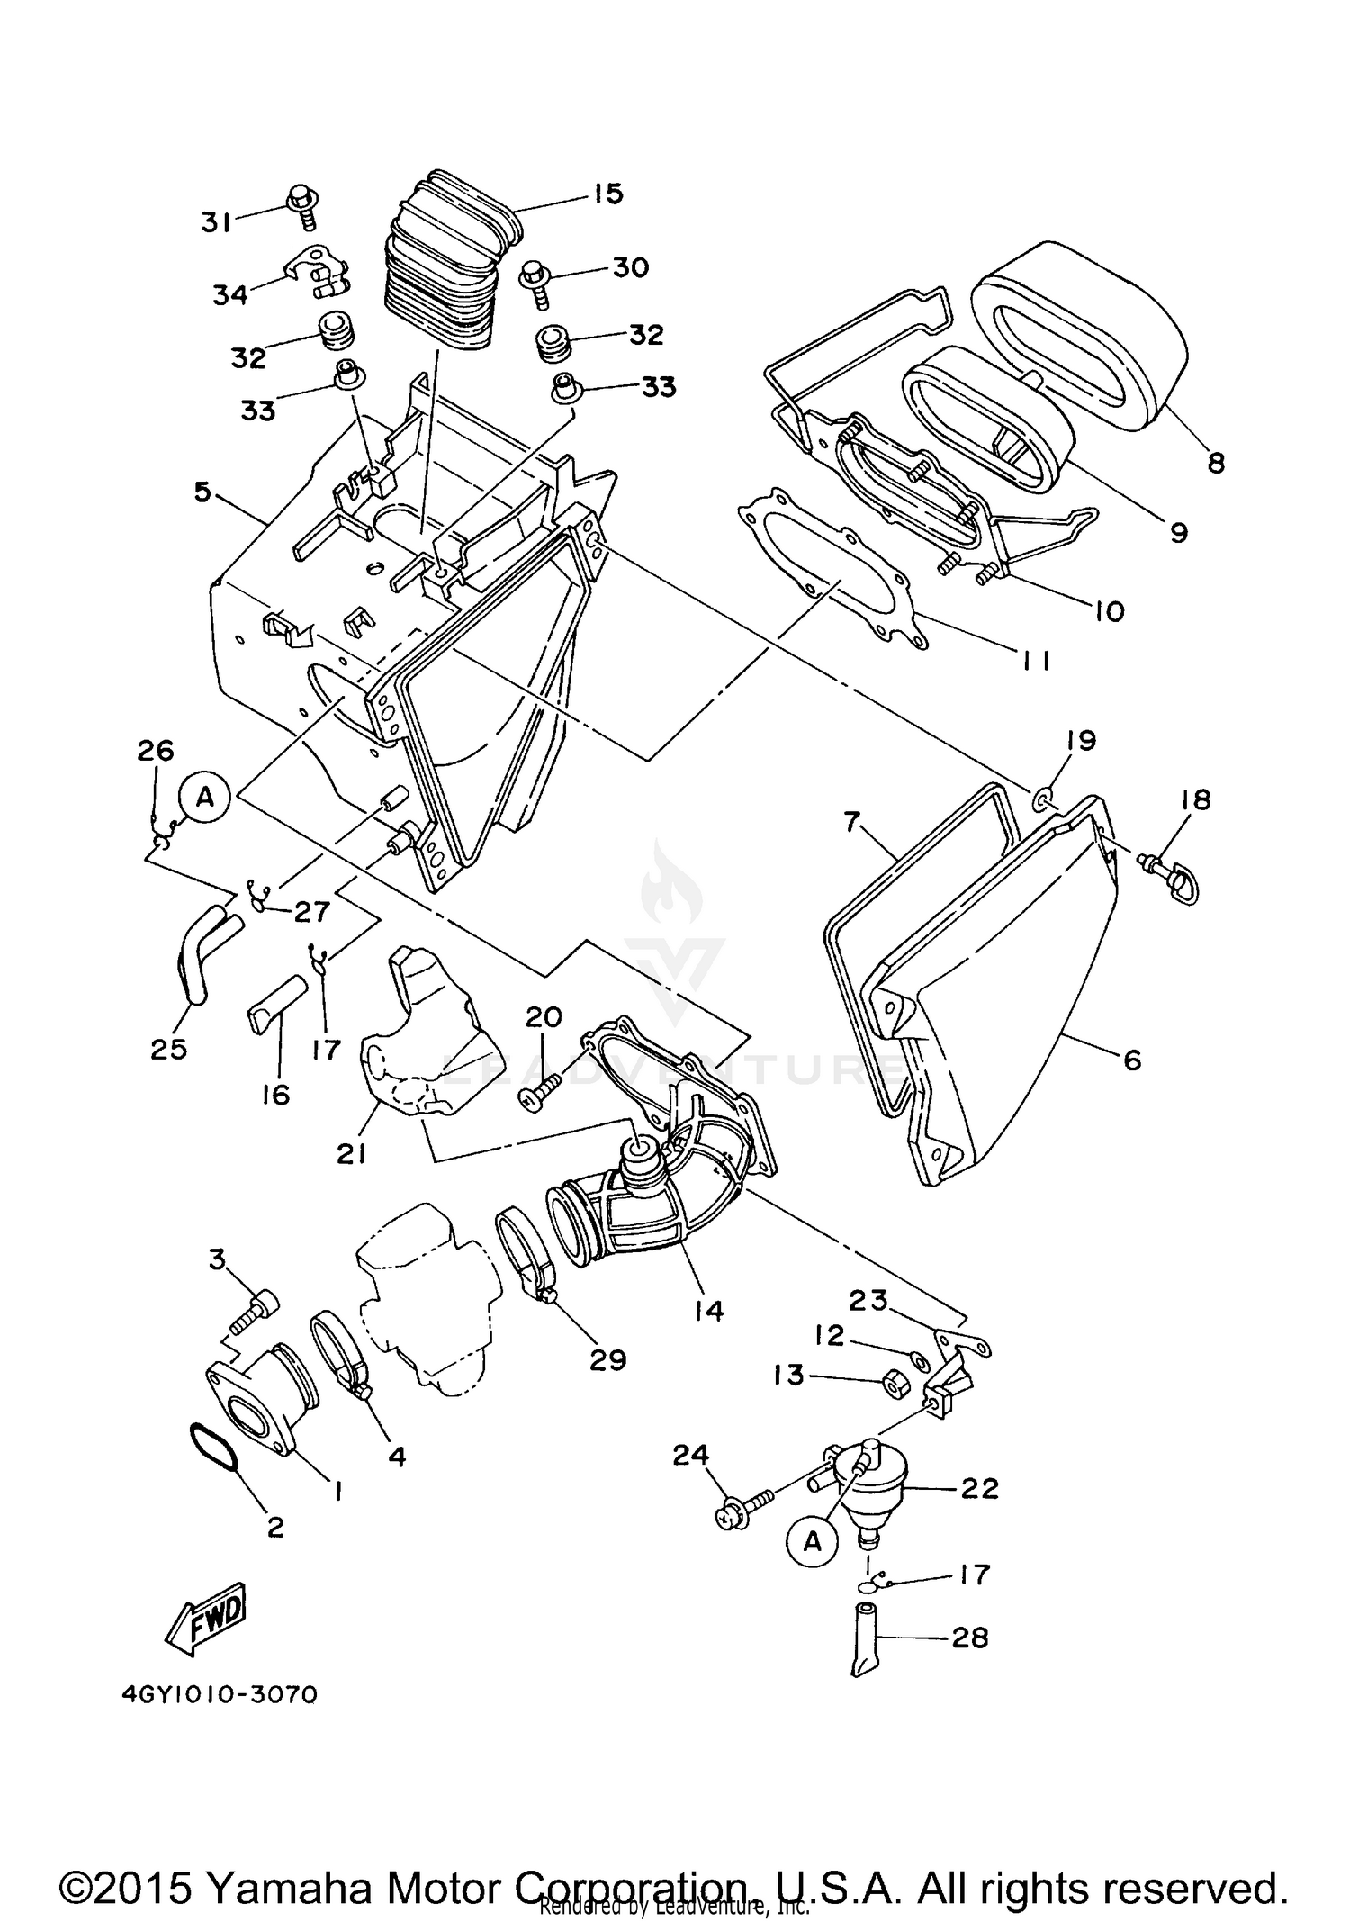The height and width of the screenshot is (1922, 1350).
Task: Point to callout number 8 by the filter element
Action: [1215, 463]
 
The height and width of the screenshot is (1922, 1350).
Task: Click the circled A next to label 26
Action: [205, 797]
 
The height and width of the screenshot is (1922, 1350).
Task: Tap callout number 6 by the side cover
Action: [1132, 1060]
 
